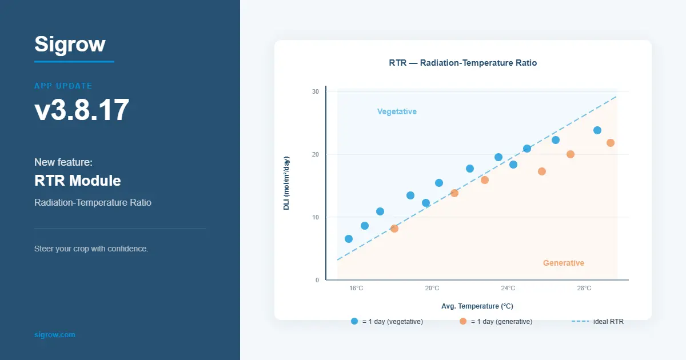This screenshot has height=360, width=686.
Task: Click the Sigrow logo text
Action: point(70,44)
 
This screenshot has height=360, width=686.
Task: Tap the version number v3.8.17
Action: point(82,110)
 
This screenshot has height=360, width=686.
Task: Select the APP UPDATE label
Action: point(63,86)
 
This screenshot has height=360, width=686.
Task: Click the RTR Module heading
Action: point(78,181)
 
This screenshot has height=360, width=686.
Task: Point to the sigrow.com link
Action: point(54,334)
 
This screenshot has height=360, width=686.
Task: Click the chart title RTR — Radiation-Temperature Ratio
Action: point(462,63)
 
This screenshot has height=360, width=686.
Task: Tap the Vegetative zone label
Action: point(397,111)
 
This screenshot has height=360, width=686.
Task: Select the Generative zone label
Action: point(563,263)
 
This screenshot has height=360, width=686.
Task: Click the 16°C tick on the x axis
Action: point(356,288)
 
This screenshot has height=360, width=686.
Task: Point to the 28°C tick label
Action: point(584,288)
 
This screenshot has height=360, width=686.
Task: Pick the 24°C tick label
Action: point(508,288)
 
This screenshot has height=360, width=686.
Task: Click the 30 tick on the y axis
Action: point(315,91)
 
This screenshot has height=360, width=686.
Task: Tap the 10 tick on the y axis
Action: point(315,217)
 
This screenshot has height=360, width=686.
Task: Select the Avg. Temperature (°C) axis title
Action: point(477,306)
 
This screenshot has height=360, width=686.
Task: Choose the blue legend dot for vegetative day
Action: point(354,321)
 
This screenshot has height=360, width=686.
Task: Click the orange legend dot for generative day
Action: point(463,321)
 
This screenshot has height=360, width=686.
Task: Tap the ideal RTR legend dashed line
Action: point(580,321)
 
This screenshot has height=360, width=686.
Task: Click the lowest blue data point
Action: point(349,239)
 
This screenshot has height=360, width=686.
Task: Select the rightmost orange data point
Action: point(611,143)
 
